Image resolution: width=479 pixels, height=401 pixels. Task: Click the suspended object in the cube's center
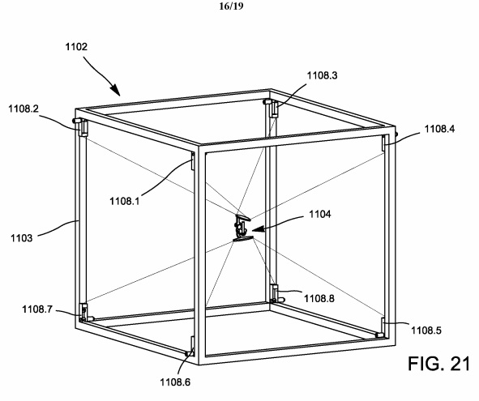click(242, 228)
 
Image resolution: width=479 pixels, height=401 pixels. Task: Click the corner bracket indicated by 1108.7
click(84, 311)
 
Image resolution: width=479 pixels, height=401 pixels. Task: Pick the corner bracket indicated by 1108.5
click(381, 330)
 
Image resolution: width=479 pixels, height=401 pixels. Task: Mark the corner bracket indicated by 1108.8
click(275, 290)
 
